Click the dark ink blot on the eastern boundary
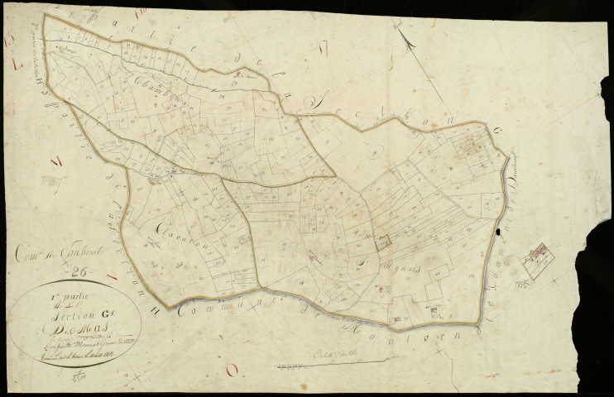(498, 235)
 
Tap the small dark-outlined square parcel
(382, 242)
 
